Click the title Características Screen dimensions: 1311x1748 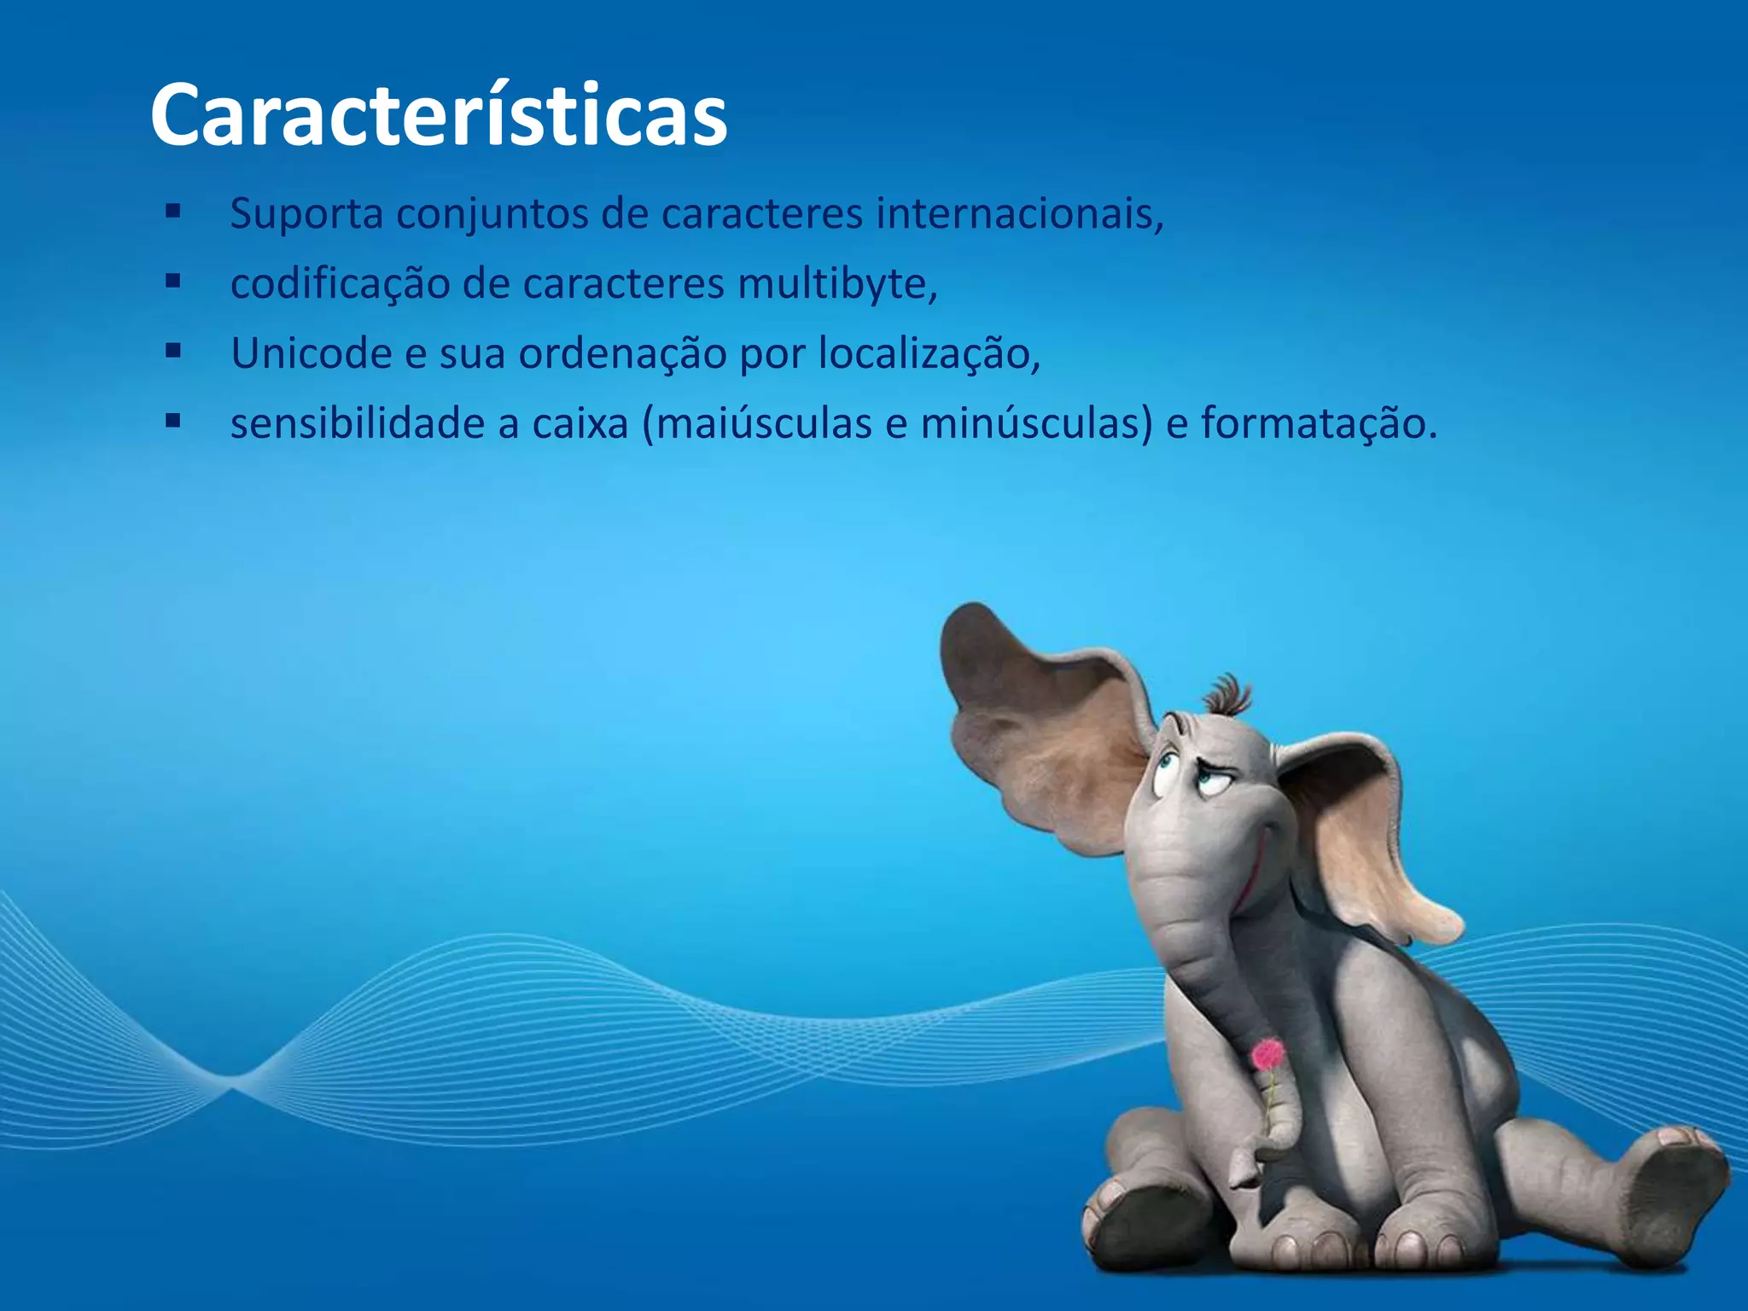[x=439, y=115]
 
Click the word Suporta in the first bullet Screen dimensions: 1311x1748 [x=306, y=213]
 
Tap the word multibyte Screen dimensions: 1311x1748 [x=837, y=283]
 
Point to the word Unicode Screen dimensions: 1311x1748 [x=311, y=353]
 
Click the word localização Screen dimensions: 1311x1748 [x=929, y=353]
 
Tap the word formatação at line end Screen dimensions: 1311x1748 [x=1319, y=423]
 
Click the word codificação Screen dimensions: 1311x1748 [x=340, y=283]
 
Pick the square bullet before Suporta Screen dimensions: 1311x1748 [x=173, y=211]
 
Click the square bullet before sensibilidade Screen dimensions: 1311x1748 [x=173, y=420]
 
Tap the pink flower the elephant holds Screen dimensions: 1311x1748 [x=1267, y=1055]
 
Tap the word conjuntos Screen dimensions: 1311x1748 [x=492, y=213]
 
